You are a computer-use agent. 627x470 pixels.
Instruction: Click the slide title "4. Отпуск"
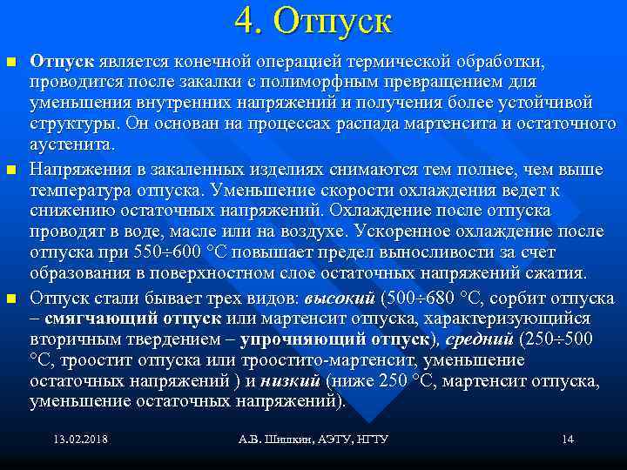coord(313,21)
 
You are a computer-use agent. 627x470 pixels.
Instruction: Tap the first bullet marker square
coord(10,63)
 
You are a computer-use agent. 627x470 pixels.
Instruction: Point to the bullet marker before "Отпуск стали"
coord(10,299)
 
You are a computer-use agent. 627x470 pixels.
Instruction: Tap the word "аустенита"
coord(71,144)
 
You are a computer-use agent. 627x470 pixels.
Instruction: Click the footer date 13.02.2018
coord(80,439)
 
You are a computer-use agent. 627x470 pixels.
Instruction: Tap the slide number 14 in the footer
coord(568,439)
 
